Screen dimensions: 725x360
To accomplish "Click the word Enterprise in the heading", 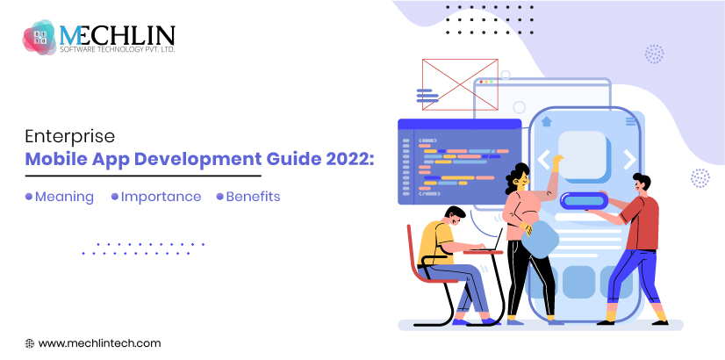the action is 69,138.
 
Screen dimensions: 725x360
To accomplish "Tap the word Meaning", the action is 64,197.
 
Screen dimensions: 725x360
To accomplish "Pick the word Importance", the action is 161,197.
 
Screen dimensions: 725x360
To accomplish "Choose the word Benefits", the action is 253,197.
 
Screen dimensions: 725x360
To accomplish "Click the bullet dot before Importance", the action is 115,197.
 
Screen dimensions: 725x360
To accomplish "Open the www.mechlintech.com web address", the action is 99,343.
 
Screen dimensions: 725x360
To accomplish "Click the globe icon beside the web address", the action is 30,343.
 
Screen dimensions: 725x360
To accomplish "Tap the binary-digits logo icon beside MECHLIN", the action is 39,37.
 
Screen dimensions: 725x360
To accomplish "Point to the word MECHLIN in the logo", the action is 118,35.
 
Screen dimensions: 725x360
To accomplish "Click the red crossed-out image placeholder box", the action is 460,84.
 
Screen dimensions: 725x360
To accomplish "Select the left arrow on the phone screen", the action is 543,160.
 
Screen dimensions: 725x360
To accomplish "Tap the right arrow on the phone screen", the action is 629,160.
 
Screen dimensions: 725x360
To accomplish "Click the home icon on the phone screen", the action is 547,121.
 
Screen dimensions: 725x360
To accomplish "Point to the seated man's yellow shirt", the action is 435,243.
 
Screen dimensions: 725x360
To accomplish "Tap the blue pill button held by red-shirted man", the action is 584,201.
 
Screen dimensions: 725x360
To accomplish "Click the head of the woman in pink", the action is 517,178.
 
